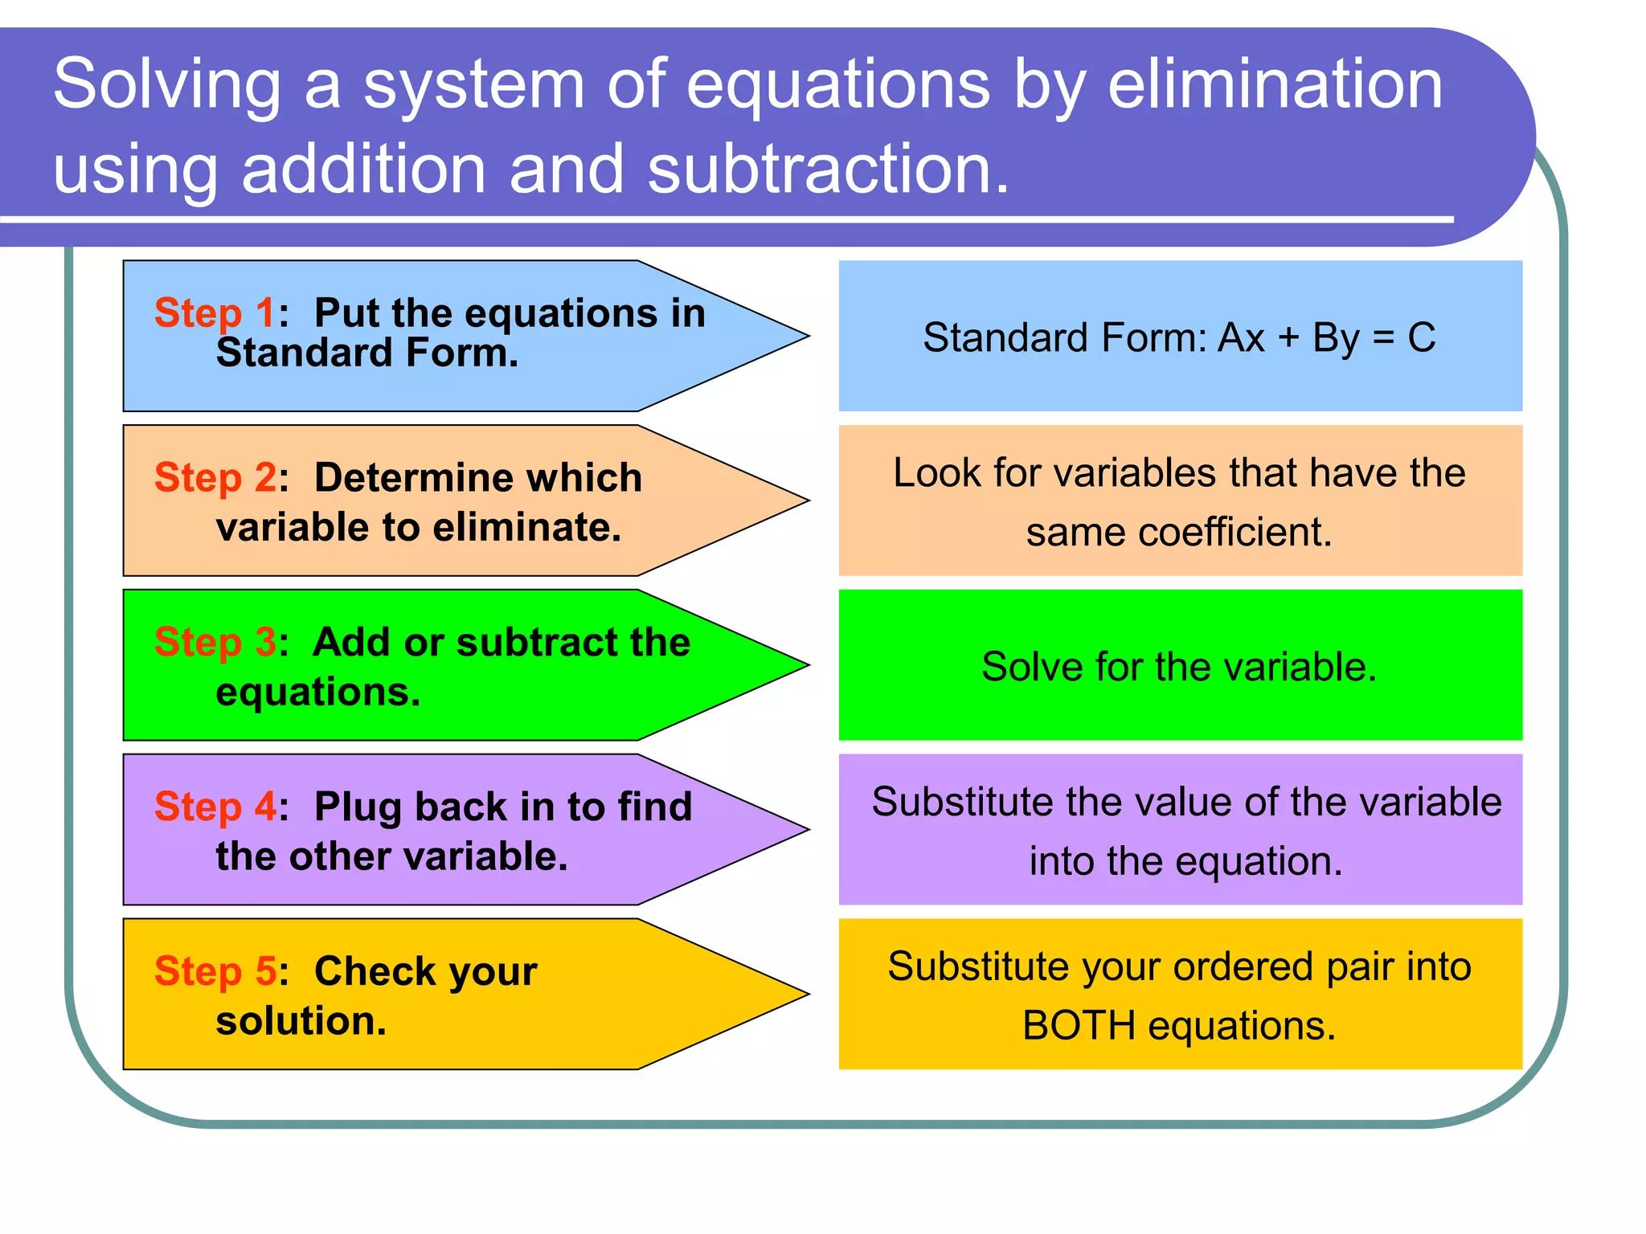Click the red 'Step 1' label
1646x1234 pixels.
(x=215, y=313)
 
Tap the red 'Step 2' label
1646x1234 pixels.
(x=215, y=477)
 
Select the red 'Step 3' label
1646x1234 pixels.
(x=215, y=642)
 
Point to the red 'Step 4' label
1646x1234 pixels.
(x=215, y=807)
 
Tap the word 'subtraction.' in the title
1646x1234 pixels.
(x=828, y=170)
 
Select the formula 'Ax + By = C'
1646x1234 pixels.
(x=1326, y=337)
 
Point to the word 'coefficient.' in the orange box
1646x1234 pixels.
(x=1179, y=532)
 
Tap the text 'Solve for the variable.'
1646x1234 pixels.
(x=1179, y=667)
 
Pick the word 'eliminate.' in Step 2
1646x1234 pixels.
(x=527, y=528)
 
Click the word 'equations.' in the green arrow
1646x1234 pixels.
(x=318, y=693)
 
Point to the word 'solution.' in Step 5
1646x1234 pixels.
(x=301, y=1021)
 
